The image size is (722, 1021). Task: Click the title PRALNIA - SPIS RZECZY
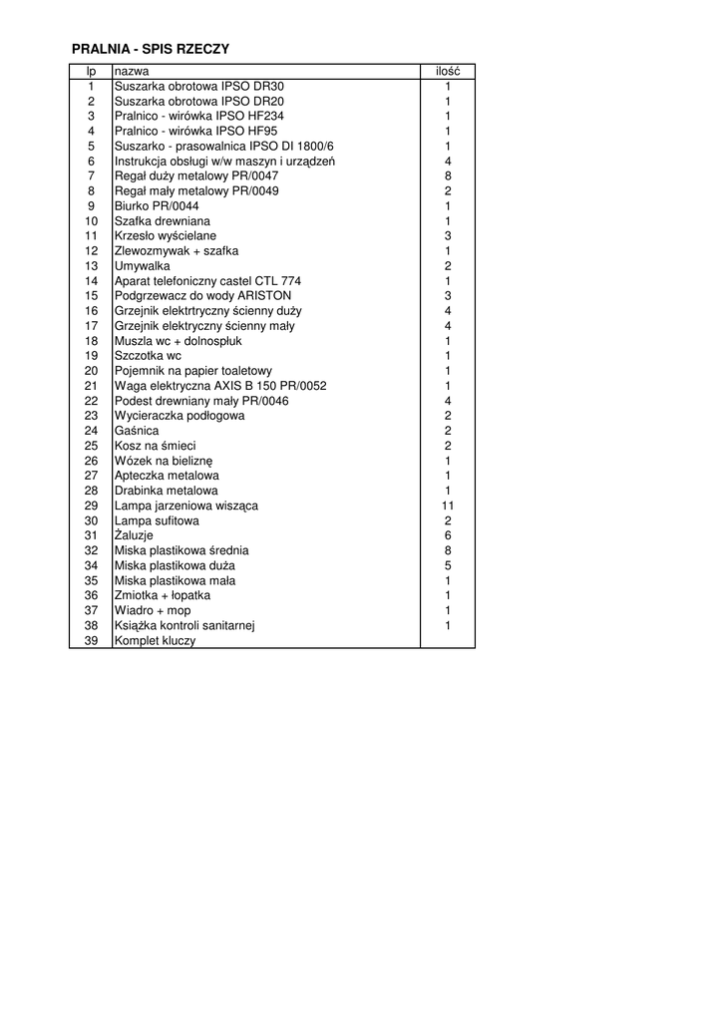152,48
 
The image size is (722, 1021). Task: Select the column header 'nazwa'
132,71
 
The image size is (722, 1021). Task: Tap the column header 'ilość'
448,71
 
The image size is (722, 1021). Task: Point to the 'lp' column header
91,71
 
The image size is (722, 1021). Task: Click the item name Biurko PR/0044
157,205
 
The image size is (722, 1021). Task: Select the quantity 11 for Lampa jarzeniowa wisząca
448,506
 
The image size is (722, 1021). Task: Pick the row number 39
91,640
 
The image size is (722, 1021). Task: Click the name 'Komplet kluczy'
155,640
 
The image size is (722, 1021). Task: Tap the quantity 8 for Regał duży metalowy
448,175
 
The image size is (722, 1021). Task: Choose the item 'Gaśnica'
137,431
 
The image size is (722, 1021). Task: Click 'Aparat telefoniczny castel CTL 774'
207,281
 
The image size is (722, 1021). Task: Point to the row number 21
91,386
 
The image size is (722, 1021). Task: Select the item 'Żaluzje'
134,535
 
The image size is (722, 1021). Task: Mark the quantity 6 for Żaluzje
448,535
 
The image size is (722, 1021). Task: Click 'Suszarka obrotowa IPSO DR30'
199,86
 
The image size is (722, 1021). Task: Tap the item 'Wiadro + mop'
153,610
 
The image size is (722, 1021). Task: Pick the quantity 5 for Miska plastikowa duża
448,565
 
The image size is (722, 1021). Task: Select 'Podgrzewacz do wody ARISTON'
203,296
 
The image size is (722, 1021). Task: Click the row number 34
91,565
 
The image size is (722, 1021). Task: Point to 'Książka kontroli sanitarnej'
185,625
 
